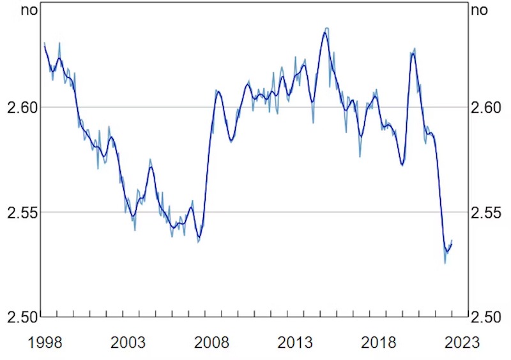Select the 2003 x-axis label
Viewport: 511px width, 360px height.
[128, 343]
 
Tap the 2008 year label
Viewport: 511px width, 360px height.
[211, 343]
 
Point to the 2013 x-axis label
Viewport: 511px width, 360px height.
[295, 343]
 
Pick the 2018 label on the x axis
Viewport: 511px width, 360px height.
[379, 343]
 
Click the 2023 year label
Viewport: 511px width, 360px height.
[462, 343]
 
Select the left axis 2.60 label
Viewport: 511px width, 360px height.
[21, 107]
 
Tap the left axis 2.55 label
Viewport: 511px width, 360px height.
[21, 212]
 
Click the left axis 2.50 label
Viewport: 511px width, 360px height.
[21, 317]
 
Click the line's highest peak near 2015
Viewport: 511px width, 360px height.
[325, 31]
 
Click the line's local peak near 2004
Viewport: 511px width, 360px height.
[151, 167]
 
